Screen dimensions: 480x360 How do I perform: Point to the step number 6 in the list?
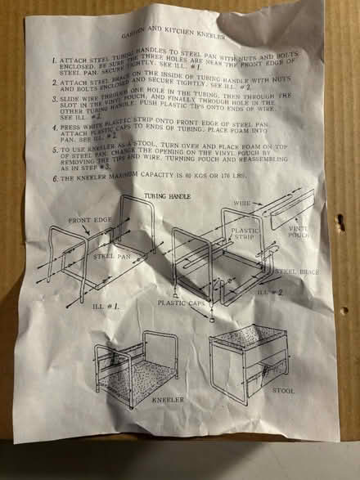tap(52, 177)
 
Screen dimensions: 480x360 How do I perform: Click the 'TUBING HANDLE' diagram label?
tap(167, 197)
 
